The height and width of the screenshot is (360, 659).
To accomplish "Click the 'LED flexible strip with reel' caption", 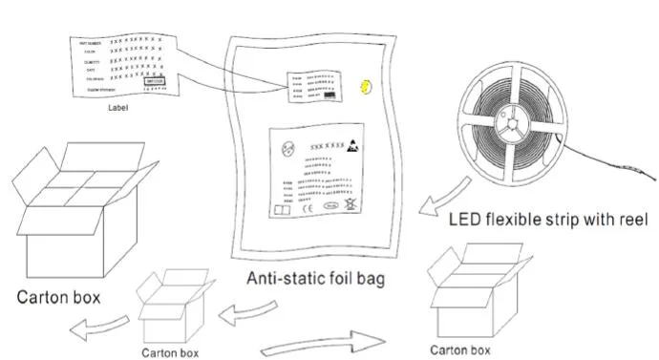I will point(549,220).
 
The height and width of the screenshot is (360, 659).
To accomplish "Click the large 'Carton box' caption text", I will point(59,296).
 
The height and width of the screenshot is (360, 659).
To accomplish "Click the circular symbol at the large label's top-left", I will point(284,148).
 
